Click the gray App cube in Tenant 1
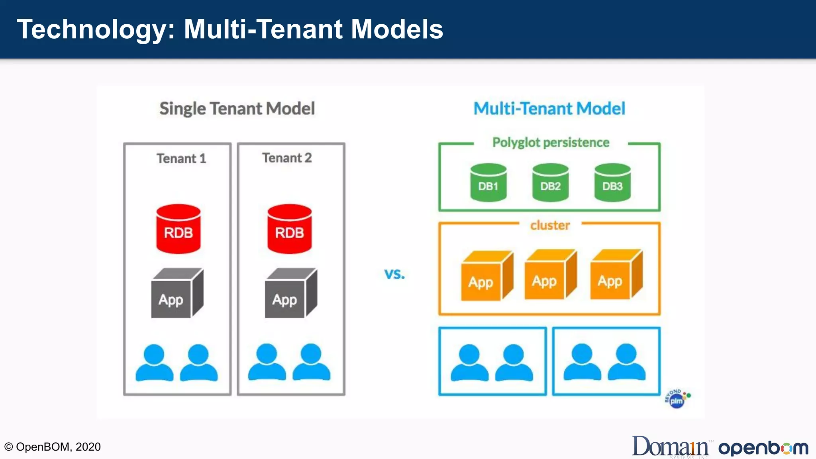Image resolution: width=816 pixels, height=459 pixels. click(177, 293)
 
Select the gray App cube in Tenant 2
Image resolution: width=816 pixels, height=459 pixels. click(291, 293)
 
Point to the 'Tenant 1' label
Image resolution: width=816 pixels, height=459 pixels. click(181, 159)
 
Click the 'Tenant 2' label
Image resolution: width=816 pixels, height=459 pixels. click(287, 158)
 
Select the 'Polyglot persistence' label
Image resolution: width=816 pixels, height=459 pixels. click(551, 142)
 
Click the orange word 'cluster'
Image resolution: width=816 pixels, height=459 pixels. click(550, 225)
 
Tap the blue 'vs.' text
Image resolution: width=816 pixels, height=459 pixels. click(394, 274)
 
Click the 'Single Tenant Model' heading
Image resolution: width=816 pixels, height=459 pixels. click(237, 108)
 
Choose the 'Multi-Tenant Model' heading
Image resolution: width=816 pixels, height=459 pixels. click(549, 108)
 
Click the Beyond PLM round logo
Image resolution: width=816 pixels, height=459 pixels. click(677, 399)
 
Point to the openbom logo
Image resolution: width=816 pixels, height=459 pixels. click(763, 448)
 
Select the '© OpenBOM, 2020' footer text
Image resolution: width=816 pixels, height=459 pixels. click(52, 447)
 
